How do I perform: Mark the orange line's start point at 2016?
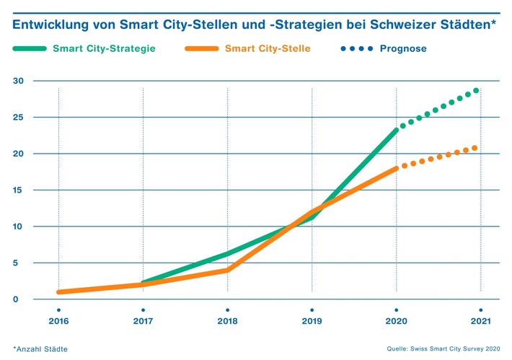click(x=58, y=292)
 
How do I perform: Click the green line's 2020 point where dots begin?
click(x=396, y=130)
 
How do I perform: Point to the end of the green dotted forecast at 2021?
click(x=476, y=91)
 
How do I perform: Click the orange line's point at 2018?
click(x=227, y=270)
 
